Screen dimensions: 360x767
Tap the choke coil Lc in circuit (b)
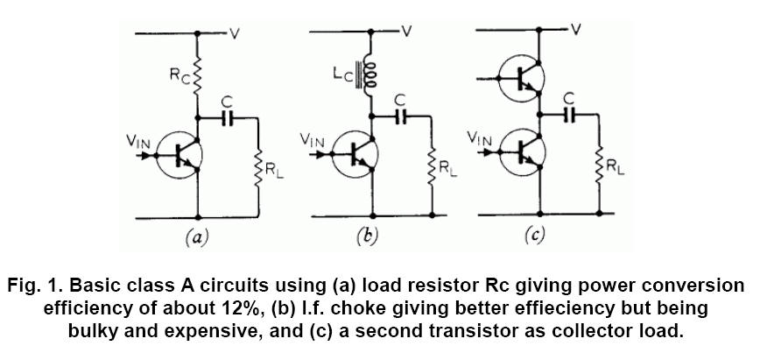[x=370, y=77]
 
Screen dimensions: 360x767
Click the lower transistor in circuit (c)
[x=524, y=152]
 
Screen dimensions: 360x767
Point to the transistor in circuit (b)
[x=354, y=156]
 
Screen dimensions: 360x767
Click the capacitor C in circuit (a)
[x=229, y=117]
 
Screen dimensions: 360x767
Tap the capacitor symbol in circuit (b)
[x=402, y=115]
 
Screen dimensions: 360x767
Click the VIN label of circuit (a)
[x=141, y=140]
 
